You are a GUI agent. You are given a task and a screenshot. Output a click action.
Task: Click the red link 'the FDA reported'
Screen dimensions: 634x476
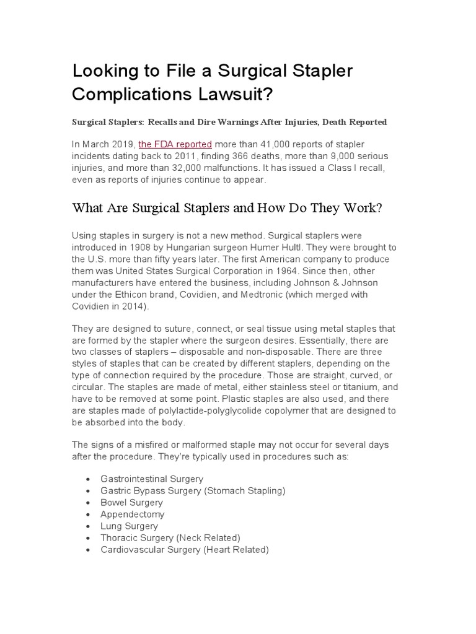[x=175, y=144]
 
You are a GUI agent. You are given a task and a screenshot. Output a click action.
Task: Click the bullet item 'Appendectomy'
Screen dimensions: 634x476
[x=133, y=515]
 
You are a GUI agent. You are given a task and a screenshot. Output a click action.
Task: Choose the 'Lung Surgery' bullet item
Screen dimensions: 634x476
[x=129, y=526]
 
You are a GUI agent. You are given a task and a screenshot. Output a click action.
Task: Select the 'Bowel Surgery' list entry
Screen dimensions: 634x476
[x=131, y=503]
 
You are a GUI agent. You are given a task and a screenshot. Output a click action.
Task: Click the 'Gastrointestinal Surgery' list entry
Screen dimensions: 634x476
[x=152, y=479]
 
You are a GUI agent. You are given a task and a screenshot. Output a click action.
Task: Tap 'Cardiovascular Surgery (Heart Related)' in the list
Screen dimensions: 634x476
[x=184, y=550]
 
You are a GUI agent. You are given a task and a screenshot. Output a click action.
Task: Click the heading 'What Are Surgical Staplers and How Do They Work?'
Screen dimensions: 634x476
[x=227, y=207]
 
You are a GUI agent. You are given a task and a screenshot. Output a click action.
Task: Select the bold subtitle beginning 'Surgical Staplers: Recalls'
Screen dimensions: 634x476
[x=230, y=122]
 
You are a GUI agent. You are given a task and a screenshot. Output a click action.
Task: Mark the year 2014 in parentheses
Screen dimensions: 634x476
[x=134, y=306]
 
